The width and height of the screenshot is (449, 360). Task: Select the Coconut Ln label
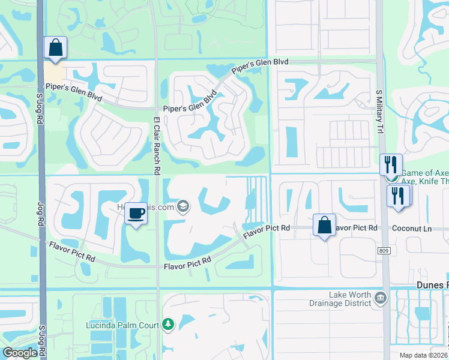click(x=412, y=228)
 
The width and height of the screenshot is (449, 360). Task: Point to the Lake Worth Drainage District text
click(x=350, y=299)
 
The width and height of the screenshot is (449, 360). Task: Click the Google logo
click(x=20, y=353)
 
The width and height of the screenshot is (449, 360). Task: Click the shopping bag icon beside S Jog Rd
click(x=55, y=47)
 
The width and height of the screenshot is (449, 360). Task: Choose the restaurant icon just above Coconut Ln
click(x=399, y=195)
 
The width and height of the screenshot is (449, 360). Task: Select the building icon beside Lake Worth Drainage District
click(x=379, y=298)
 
